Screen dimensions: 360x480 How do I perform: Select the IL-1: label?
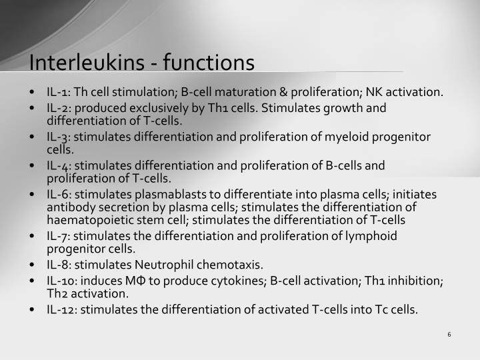click(59, 92)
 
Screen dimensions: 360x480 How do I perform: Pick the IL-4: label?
click(59, 165)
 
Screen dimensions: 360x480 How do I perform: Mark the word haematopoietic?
click(84, 219)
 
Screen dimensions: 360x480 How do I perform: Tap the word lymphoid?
click(372, 235)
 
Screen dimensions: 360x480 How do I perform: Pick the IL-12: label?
click(62, 309)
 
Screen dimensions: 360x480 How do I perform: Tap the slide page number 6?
click(450, 334)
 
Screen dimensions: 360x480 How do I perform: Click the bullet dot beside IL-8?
click(33, 264)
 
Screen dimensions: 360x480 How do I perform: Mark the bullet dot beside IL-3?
click(33, 137)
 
